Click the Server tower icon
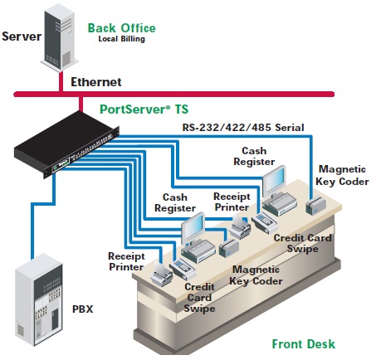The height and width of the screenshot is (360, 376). coord(59,37)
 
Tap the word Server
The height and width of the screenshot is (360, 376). coord(22,36)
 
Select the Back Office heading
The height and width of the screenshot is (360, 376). coord(122,28)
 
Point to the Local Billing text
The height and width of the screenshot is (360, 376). coord(122,39)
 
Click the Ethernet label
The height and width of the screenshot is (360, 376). coord(96,82)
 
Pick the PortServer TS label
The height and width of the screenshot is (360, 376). coord(144,109)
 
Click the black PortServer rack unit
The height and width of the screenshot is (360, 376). coord(66,144)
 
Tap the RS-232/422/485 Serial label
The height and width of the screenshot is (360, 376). coord(243,128)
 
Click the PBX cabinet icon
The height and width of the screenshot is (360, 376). coord(39,299)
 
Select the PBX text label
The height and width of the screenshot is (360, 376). coord(83,309)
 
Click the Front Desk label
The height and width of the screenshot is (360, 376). coord(304,344)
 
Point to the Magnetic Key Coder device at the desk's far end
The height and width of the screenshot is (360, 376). coord(315,206)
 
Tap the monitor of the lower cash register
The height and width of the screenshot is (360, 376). coord(193,227)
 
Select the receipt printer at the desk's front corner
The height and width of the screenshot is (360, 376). coord(162,275)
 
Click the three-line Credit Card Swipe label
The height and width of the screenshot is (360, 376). coord(199,298)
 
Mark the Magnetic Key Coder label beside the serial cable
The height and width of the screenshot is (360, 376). coord(342,175)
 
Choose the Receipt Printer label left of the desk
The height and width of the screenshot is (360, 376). coord(126,261)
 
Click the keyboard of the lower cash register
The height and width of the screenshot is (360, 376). coord(198,251)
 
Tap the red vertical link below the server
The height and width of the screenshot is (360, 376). coord(61,82)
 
